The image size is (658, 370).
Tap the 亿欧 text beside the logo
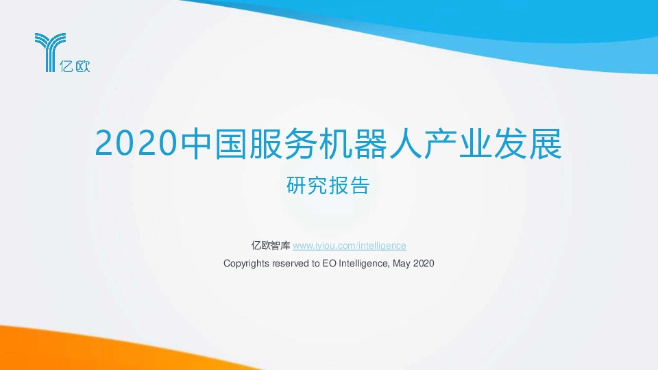click(x=78, y=66)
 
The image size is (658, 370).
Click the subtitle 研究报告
click(x=328, y=185)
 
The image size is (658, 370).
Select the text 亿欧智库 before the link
click(x=271, y=245)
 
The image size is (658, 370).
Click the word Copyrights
click(x=246, y=263)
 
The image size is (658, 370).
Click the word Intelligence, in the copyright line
click(x=364, y=263)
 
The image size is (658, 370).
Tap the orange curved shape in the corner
click(x=41, y=349)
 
